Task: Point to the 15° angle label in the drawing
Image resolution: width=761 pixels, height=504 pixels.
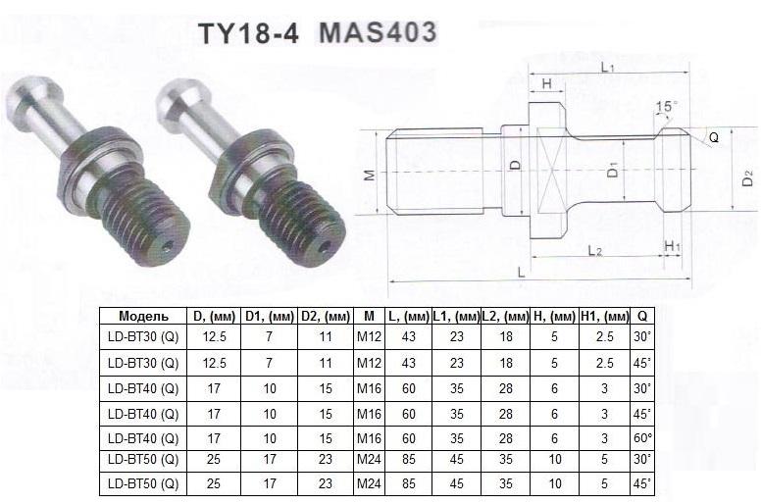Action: click(x=668, y=106)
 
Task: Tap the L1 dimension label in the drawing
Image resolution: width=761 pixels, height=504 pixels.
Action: click(x=607, y=67)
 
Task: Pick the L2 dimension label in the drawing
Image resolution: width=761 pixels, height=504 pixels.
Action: click(x=595, y=251)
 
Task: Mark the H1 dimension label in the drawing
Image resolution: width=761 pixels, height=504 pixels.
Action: click(x=672, y=244)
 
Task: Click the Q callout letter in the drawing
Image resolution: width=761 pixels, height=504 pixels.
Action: click(x=714, y=138)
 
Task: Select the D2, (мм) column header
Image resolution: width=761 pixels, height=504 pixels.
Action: click(x=326, y=317)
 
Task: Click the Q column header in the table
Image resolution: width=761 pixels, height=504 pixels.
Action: click(x=642, y=317)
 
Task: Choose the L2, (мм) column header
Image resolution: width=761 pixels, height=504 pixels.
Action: click(x=505, y=317)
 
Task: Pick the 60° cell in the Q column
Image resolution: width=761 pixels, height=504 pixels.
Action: click(x=642, y=437)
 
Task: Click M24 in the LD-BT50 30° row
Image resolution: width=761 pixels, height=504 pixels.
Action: click(x=369, y=460)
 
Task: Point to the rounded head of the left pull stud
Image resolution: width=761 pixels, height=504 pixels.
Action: click(x=32, y=101)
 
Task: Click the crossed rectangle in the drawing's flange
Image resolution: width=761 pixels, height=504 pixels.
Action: click(x=548, y=176)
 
